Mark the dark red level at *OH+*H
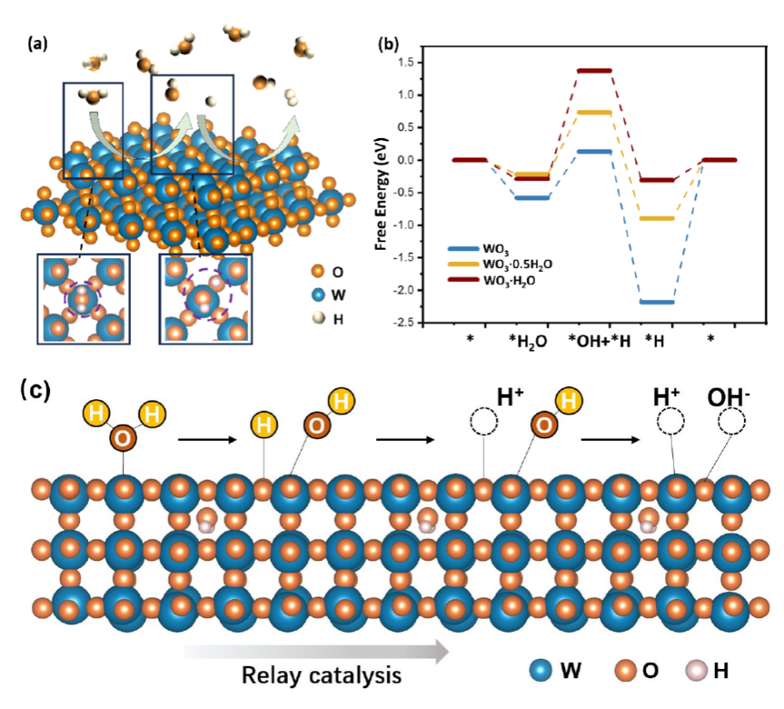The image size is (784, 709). point(588,70)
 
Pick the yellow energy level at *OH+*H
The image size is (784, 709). point(588,113)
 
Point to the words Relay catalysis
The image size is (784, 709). point(322,676)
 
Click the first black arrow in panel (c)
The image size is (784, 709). point(207,439)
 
